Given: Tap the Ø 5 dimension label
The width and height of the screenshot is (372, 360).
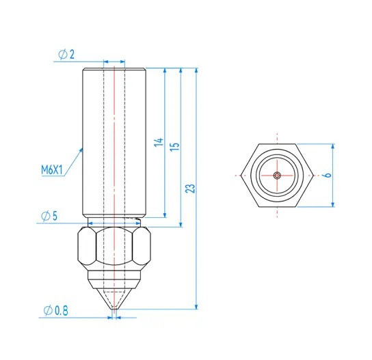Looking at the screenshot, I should (49, 216).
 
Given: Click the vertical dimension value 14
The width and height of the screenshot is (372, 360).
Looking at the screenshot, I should (159, 143).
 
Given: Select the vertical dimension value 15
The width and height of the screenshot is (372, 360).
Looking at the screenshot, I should (174, 147).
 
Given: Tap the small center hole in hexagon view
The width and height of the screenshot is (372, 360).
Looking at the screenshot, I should (276, 175).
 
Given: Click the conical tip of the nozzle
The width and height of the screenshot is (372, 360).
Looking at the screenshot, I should (114, 299).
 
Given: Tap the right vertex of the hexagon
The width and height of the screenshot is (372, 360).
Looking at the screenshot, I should (313, 175).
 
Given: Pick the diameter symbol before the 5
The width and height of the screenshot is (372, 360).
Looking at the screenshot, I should (44, 216).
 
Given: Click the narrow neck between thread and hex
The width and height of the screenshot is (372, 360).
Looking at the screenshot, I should (114, 222).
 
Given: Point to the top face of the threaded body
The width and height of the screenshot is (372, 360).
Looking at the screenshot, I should (114, 69).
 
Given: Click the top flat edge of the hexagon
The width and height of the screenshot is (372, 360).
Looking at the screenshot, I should (276, 144).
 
